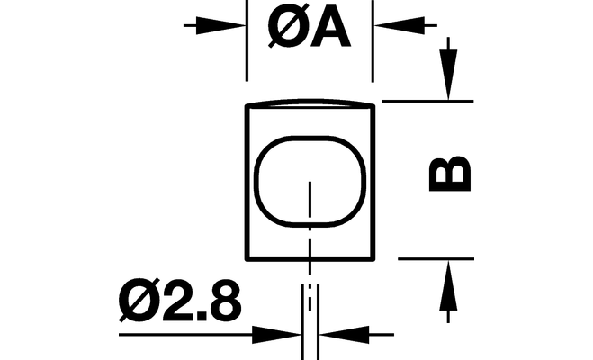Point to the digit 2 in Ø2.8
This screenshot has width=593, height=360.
pyautogui.click(x=174, y=305)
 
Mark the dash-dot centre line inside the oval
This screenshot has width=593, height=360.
pyautogui.click(x=310, y=216)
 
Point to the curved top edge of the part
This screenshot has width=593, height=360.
pyautogui.click(x=310, y=103)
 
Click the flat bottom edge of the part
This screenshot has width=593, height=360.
pyautogui.click(x=310, y=257)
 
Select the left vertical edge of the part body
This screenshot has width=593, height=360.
pyautogui.click(x=247, y=180)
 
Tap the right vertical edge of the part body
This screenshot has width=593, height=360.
pyautogui.click(x=373, y=180)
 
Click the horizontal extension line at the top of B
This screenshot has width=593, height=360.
pyautogui.click(x=427, y=101)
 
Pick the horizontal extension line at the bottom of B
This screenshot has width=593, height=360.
pyautogui.click(x=436, y=257)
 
